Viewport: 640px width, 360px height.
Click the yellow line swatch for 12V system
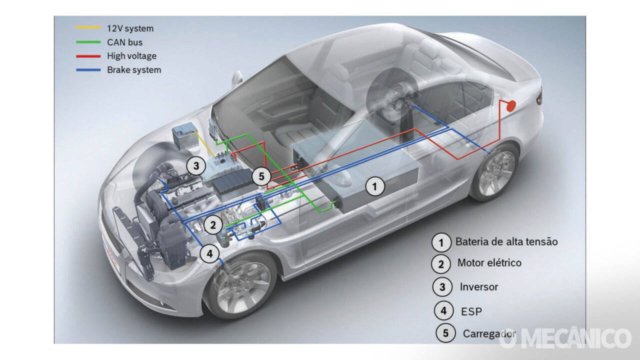pyautogui.click(x=88, y=28)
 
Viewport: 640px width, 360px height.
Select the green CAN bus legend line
pyautogui.click(x=88, y=42)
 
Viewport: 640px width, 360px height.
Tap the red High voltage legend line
pyautogui.click(x=88, y=56)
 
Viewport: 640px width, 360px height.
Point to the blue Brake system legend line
pyautogui.click(x=88, y=70)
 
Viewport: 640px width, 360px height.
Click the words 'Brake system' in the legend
pyautogui.click(x=134, y=70)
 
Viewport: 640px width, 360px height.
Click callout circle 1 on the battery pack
pyautogui.click(x=375, y=187)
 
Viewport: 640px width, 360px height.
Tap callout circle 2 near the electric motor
pyautogui.click(x=213, y=225)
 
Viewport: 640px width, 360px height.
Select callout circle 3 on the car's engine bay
pyautogui.click(x=196, y=165)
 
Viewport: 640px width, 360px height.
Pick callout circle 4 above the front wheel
pyautogui.click(x=209, y=254)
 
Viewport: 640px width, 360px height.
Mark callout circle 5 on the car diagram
pyautogui.click(x=261, y=176)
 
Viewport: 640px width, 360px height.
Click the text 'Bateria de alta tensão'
pyautogui.click(x=506, y=242)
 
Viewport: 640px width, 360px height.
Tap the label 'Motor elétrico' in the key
pyautogui.click(x=489, y=263)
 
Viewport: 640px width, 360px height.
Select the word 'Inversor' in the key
pyautogui.click(x=478, y=287)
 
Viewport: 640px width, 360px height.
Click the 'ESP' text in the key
pyautogui.click(x=471, y=311)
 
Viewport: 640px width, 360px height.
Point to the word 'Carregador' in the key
pyautogui.click(x=489, y=333)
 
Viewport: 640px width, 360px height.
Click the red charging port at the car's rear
pyautogui.click(x=511, y=105)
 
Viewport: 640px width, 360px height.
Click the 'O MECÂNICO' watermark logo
pyautogui.click(x=565, y=338)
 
